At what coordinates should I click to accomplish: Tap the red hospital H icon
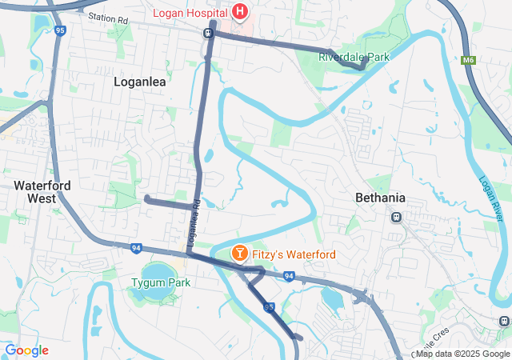(x=239, y=11)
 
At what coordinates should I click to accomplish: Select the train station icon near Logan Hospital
(x=207, y=34)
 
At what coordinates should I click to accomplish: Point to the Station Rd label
(x=108, y=17)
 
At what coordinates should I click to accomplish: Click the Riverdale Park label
(x=354, y=57)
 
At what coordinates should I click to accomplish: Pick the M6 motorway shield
(x=469, y=59)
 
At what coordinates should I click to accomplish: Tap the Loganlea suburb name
(x=139, y=81)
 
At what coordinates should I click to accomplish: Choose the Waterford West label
(x=42, y=191)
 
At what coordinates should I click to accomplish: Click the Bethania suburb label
(x=380, y=198)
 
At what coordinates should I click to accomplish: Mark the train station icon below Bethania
(x=395, y=217)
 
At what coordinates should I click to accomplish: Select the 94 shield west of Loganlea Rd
(x=136, y=249)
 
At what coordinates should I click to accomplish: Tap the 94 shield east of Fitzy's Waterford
(x=289, y=277)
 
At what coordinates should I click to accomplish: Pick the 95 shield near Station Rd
(x=60, y=30)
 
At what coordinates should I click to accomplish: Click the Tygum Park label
(x=161, y=282)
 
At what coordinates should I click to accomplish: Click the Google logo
(x=26, y=350)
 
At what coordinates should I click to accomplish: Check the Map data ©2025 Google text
(x=462, y=354)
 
